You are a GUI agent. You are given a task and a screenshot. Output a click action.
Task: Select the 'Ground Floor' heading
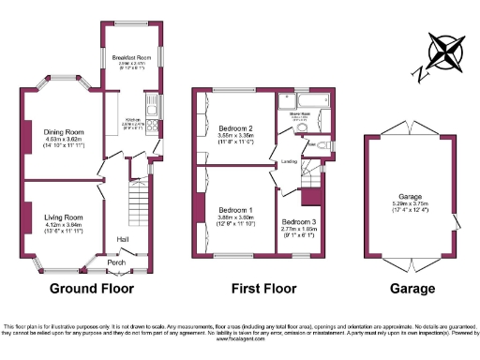91,288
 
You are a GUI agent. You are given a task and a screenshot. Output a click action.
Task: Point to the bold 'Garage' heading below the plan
412,288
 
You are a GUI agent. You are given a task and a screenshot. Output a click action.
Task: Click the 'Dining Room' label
63,132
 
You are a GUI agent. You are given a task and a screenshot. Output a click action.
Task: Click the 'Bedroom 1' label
236,210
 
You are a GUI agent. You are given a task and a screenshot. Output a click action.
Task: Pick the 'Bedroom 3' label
299,221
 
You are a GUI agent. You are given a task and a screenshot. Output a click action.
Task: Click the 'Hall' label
123,239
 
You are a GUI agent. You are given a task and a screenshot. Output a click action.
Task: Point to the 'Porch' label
115,262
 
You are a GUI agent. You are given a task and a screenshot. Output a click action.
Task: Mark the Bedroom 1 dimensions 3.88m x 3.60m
236,217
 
